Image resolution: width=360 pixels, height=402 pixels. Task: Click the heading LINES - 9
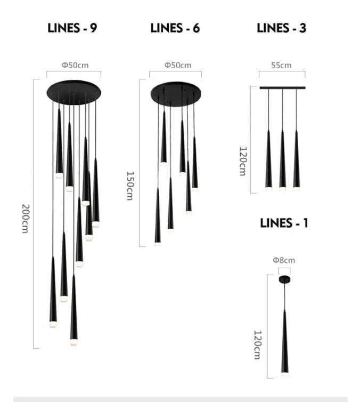coord(72,28)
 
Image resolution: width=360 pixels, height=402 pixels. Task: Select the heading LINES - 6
coord(175,28)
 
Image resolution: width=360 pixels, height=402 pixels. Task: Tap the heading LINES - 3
coord(281,28)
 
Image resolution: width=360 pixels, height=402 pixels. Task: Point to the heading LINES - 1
coord(284,223)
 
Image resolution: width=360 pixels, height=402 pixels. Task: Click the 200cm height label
coord(25,218)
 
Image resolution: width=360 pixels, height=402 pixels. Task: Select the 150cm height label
coord(129,186)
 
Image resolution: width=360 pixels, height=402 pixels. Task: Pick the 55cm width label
coord(281,65)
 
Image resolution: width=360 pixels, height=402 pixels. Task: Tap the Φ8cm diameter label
coord(283,260)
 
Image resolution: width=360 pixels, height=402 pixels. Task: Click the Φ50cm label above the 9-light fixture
coord(75,65)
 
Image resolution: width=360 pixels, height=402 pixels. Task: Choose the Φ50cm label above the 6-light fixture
coord(177,65)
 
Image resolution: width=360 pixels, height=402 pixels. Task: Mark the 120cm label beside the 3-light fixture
coord(242,161)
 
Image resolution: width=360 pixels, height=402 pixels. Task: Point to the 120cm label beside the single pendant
coord(257,345)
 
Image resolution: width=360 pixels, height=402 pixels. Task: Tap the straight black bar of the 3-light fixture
coord(282,88)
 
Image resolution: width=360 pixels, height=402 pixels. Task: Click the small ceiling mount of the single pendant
coord(284,279)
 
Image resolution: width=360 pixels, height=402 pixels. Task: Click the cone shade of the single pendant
coord(285,347)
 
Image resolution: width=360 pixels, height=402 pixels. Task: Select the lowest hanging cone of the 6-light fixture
coord(158,219)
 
